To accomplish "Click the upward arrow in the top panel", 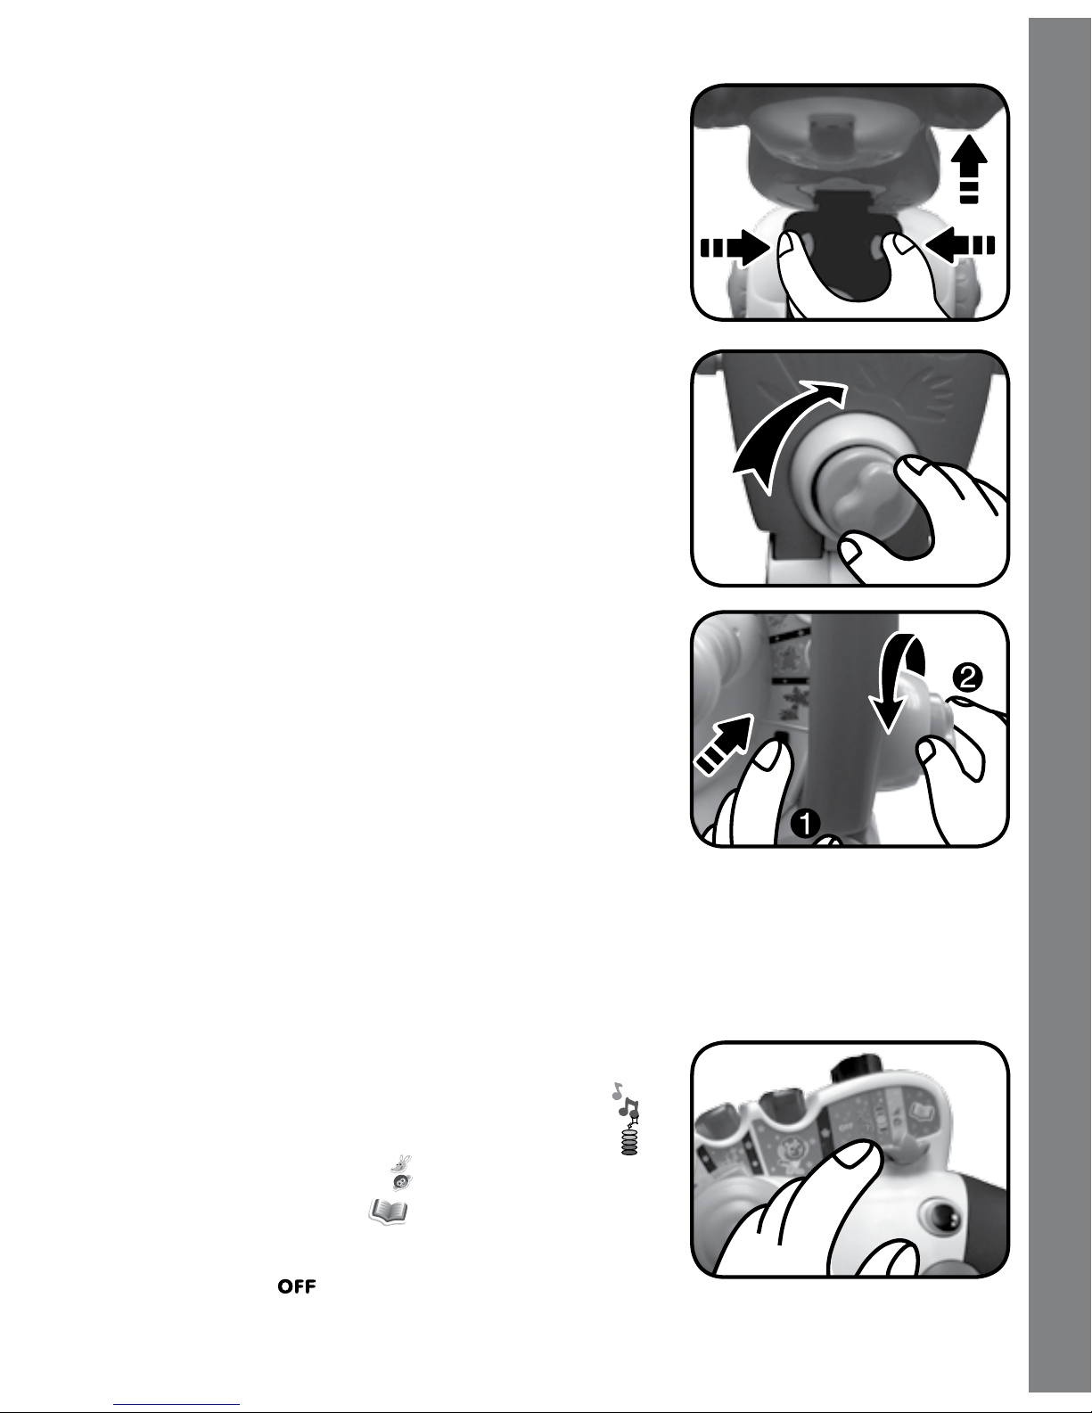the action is (969, 168).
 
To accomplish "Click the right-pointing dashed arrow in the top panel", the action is (735, 248).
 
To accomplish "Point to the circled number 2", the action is (967, 678).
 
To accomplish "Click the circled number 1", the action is (805, 824).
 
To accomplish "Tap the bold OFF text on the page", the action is (297, 1286).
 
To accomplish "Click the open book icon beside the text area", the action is (388, 1212).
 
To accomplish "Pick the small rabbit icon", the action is (402, 1162).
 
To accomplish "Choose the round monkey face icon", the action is (402, 1182).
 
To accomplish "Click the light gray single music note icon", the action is (617, 1090).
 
